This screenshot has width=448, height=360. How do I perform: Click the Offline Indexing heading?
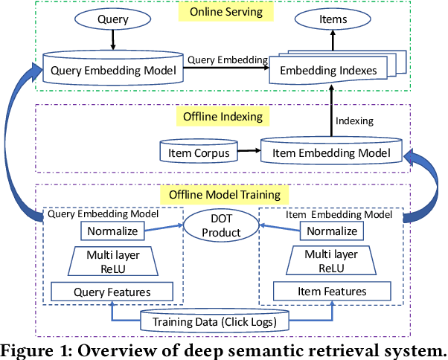click(x=221, y=117)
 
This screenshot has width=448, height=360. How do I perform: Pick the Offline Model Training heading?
click(x=224, y=195)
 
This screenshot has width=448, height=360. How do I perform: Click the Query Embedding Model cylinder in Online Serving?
click(x=112, y=71)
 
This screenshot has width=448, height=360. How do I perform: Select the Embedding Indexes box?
click(x=333, y=71)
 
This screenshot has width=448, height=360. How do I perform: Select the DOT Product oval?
click(x=223, y=226)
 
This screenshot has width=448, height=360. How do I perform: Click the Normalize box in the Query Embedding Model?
click(x=112, y=231)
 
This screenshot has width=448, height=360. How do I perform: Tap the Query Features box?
click(x=112, y=292)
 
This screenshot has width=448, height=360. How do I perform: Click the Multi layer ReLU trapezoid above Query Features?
click(x=112, y=261)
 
